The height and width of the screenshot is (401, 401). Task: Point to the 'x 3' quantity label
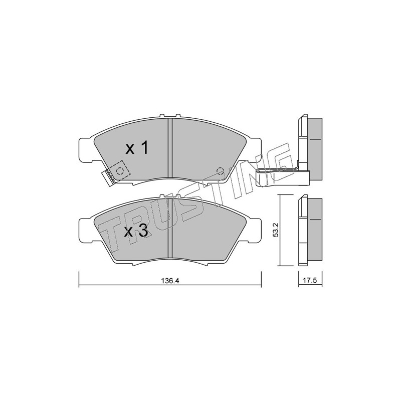tap(136, 231)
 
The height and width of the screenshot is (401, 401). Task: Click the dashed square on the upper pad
tap(119, 170)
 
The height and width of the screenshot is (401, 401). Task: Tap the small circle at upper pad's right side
tap(220, 170)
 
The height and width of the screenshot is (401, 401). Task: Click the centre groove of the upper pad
tap(170, 147)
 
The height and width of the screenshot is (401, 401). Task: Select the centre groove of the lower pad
tap(170, 228)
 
